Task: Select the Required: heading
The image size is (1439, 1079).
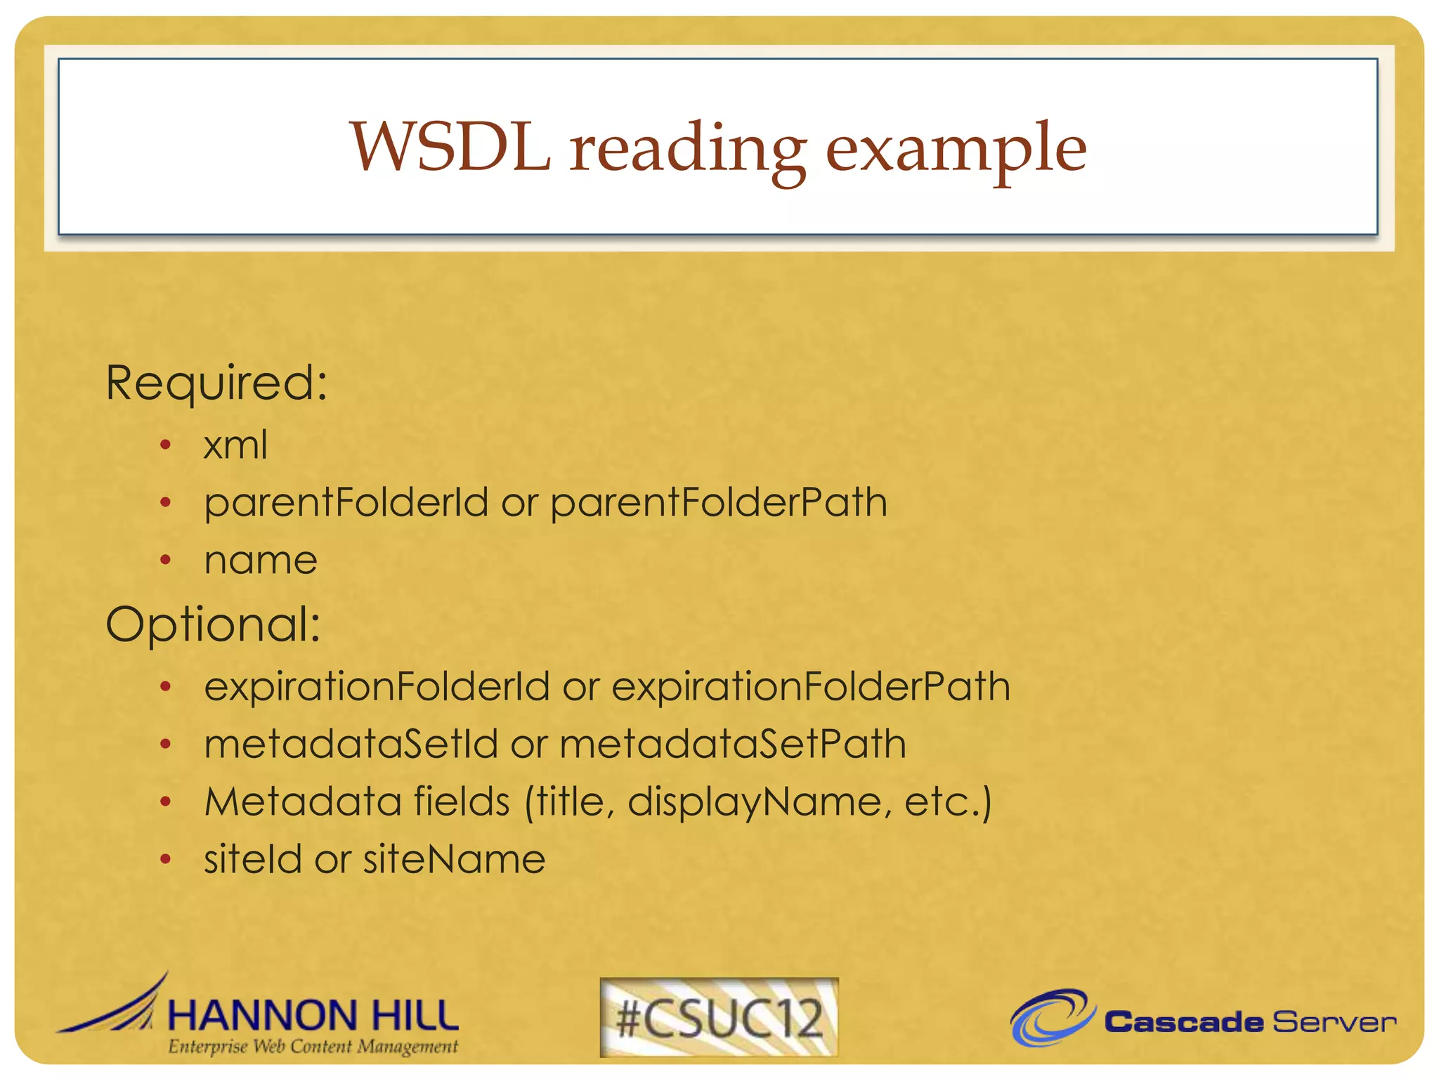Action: coord(216,384)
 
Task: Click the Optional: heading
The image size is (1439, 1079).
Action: coord(213,624)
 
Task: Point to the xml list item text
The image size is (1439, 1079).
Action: coord(235,445)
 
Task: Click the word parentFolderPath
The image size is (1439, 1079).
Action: coord(719,503)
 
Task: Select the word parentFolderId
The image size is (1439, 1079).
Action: coord(346,503)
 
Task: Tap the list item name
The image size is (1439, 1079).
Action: coord(261,561)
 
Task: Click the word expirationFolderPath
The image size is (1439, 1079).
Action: coord(811,686)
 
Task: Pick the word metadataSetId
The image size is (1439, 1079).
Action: coord(351,744)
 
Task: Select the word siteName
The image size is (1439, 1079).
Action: coord(454,860)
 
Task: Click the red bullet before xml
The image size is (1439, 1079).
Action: coord(166,445)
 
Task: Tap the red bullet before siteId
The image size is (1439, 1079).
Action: coord(166,859)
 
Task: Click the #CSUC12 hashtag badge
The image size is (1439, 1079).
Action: coord(719,1018)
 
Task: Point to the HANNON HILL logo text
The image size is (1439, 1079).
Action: coord(313,1016)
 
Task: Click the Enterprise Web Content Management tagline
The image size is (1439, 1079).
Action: coord(313,1047)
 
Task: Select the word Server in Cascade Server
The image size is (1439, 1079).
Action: coord(1334,1022)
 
